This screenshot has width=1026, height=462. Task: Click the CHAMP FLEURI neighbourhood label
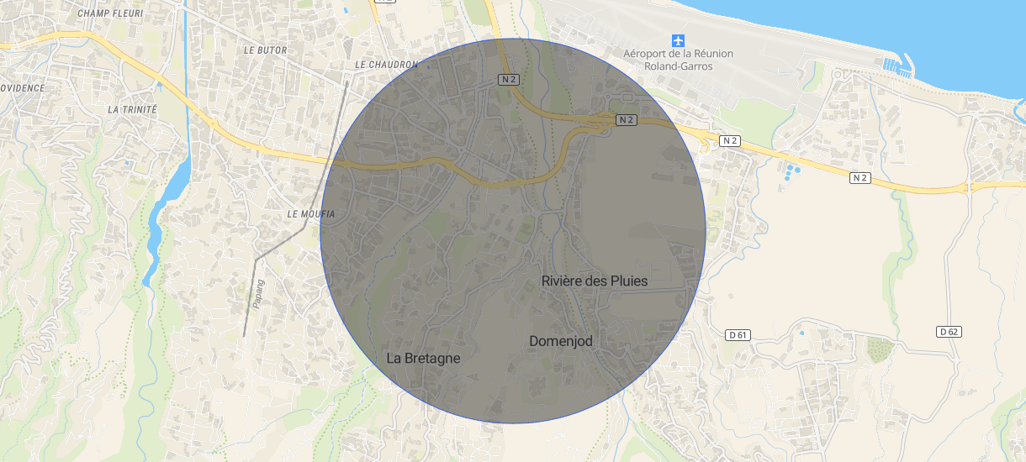pos(110,14)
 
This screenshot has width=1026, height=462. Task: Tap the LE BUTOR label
pos(265,50)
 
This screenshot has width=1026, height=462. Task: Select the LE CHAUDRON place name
pos(386,65)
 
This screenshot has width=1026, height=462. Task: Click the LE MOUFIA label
pos(311,214)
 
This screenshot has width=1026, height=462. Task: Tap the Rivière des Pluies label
pos(595,281)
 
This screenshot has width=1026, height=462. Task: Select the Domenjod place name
pos(561,341)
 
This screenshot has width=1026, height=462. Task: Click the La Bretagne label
pos(423,358)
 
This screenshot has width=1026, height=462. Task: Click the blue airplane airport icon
pos(678,40)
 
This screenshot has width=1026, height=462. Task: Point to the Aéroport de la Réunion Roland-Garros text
pos(678,60)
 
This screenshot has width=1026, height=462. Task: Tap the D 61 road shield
pos(738,335)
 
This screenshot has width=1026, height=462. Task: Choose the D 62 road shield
pos(948,332)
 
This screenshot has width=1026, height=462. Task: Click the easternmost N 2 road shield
pos(859,178)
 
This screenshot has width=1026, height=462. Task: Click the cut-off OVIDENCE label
pos(22,87)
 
